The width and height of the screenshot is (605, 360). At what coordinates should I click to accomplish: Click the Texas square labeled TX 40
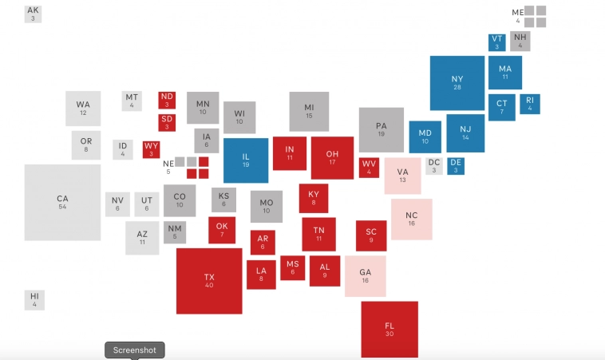[x=209, y=280]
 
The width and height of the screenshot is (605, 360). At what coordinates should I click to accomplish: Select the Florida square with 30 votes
[x=389, y=329]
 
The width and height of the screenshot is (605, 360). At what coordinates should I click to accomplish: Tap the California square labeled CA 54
[x=62, y=202]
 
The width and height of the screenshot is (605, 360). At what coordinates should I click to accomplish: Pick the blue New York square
[x=457, y=82]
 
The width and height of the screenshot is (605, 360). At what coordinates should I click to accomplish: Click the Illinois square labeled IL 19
[x=245, y=160]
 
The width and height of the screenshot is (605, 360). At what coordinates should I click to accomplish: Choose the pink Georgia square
[x=365, y=275]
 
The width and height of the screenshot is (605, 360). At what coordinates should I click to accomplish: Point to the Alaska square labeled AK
[x=33, y=14]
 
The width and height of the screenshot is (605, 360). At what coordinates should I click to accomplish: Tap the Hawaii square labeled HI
[x=34, y=299]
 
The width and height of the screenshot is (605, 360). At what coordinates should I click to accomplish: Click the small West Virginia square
[x=369, y=167]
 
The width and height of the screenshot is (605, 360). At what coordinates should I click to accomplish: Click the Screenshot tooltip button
[x=135, y=350]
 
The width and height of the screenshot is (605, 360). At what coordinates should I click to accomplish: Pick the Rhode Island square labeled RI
[x=529, y=104]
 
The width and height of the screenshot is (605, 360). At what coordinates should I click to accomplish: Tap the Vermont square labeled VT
[x=496, y=42]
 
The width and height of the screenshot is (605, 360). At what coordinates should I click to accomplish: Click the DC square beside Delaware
[x=433, y=166]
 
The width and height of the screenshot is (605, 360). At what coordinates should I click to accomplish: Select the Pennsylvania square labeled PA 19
[x=381, y=129]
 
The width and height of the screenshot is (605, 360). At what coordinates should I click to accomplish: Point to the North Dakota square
[x=167, y=100]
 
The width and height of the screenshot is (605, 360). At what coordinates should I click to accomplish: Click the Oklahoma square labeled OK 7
[x=222, y=230]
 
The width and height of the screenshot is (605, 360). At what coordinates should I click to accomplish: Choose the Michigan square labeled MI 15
[x=309, y=111]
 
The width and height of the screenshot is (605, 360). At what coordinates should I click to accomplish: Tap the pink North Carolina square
[x=411, y=219]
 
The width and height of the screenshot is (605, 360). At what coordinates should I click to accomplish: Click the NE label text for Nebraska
[x=168, y=163]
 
